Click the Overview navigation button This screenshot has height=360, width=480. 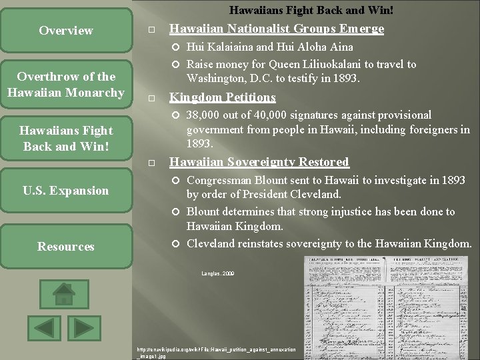pyautogui.click(x=66, y=31)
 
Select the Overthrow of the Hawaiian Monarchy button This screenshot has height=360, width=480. pyautogui.click(x=66, y=85)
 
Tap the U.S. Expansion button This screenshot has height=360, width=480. pyautogui.click(x=66, y=191)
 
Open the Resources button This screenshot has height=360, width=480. pyautogui.click(x=66, y=247)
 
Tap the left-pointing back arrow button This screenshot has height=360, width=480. pyautogui.click(x=44, y=329)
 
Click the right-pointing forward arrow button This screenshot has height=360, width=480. pyautogui.click(x=84, y=329)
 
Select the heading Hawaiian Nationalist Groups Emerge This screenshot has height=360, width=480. pyautogui.click(x=277, y=29)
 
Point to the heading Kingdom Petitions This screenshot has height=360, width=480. pyautogui.click(x=222, y=97)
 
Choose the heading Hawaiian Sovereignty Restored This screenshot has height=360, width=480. pyautogui.click(x=259, y=162)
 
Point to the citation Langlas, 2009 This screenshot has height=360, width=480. pyautogui.click(x=218, y=274)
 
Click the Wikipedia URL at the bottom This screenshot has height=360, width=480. pyautogui.click(x=216, y=352)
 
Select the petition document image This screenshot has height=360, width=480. pyautogui.click(x=387, y=311)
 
